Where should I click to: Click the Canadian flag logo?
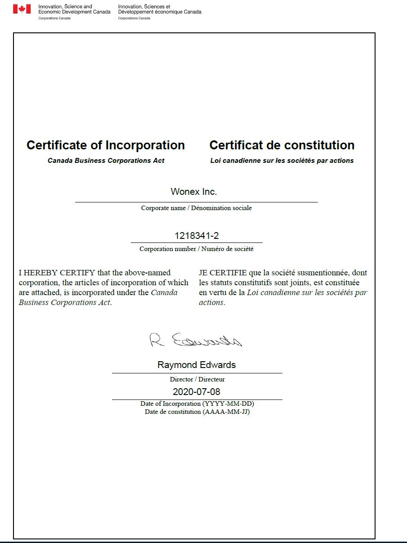coord(22,9)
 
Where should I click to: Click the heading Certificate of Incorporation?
coord(106,145)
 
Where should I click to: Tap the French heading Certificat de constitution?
coord(282,145)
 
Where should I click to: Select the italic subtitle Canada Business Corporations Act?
coord(106,161)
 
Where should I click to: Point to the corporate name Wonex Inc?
coord(194,192)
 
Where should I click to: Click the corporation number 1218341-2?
coord(197,236)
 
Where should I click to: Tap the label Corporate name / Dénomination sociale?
coord(197,208)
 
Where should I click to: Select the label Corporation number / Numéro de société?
coord(197,249)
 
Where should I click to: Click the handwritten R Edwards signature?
coord(195,340)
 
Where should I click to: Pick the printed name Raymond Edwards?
coord(197,365)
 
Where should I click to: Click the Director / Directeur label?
coord(197,379)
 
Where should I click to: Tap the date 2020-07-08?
coord(197,391)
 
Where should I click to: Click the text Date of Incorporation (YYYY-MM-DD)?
coord(197,404)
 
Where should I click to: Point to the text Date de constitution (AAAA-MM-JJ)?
coord(197,412)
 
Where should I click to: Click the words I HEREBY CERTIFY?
coord(57,273)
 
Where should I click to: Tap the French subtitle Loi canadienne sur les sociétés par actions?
coord(282,161)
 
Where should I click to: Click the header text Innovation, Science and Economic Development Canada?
coord(74,9)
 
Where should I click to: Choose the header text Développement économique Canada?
coord(160,12)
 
